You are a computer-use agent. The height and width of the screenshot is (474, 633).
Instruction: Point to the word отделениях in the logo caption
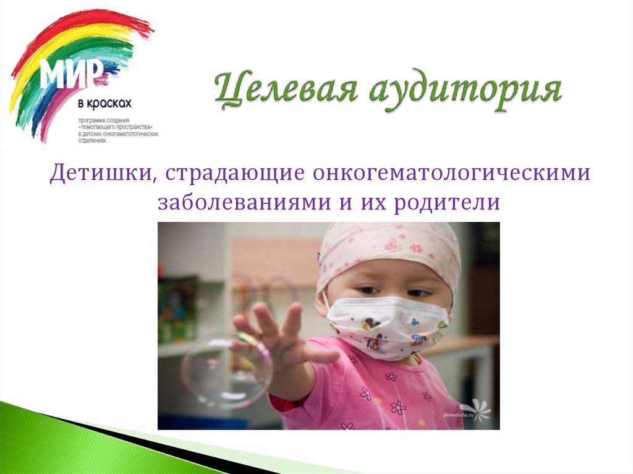[92, 139]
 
